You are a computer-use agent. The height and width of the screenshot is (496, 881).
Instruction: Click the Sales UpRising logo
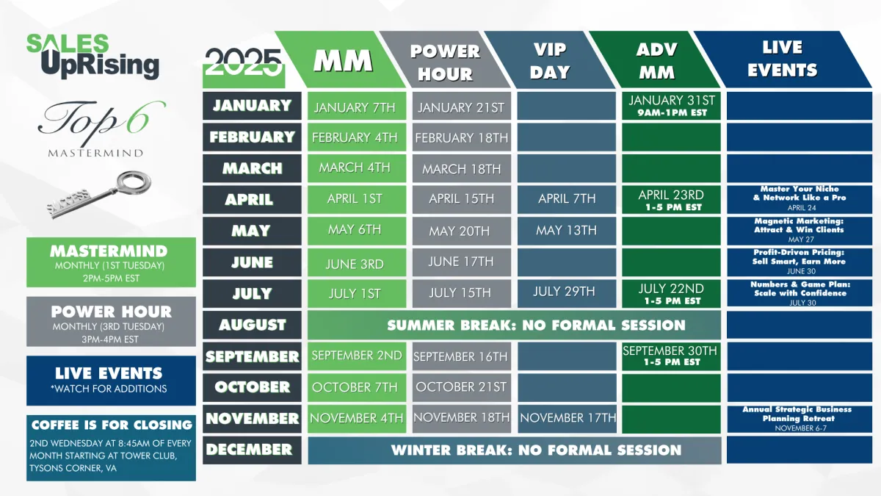point(93,57)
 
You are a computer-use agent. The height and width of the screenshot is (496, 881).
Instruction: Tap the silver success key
point(98,195)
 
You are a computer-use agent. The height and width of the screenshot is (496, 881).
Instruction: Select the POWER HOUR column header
point(445,60)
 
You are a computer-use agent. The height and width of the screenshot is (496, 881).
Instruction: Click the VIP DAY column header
point(549,60)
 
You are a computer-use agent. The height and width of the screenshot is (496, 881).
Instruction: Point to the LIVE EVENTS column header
point(783,59)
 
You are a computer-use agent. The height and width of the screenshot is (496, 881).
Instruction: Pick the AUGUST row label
point(252,325)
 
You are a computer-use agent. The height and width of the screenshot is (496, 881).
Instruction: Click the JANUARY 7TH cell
point(357,106)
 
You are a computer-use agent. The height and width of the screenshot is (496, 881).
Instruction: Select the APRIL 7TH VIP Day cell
point(566,200)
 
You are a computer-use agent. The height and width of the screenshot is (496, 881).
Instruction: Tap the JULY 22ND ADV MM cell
point(671,294)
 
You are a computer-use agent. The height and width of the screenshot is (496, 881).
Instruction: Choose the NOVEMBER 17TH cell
point(567,419)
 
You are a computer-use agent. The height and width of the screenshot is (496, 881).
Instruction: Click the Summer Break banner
point(514,325)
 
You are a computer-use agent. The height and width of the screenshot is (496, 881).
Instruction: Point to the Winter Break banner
point(515,450)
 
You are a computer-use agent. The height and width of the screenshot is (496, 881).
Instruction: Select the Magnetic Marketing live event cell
point(800,231)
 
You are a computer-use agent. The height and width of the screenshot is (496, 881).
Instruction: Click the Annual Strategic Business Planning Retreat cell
point(800,419)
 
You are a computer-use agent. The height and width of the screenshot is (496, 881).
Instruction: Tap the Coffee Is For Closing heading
point(112,425)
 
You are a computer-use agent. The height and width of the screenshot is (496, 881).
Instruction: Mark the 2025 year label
point(244,62)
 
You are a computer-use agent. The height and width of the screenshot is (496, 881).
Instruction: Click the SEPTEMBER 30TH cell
point(671,356)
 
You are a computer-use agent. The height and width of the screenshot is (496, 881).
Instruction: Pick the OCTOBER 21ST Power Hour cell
point(462,388)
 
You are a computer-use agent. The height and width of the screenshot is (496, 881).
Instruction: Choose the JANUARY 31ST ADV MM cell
point(671,106)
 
